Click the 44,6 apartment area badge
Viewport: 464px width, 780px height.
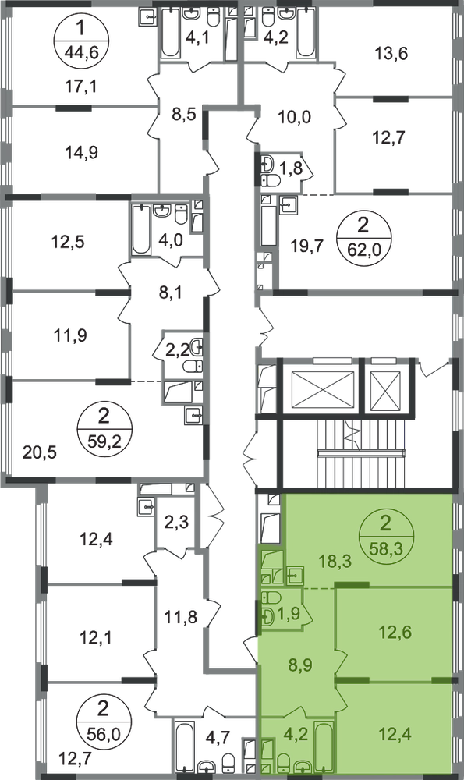pos(81,39)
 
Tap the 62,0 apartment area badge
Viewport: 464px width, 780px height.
pos(364,238)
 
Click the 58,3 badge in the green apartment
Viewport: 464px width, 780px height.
pos(386,537)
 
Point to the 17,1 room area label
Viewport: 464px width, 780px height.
pos(81,87)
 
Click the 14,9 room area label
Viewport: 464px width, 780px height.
pos(82,152)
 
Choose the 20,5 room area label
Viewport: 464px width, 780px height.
pos(41,452)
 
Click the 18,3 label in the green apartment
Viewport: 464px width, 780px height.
pos(335,562)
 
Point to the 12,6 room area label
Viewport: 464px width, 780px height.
pos(395,633)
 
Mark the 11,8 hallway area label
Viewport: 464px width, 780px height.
pos(181,617)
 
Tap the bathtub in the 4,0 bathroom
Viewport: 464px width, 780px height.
pos(140,230)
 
